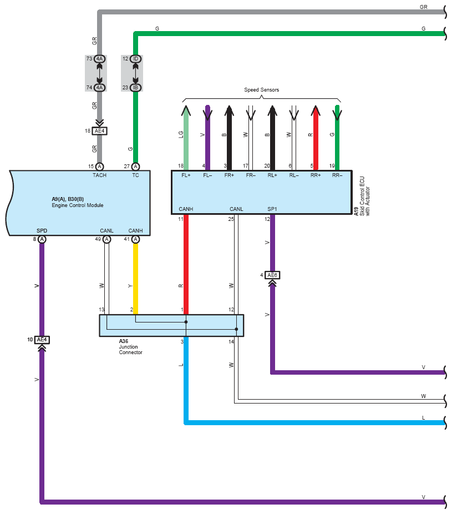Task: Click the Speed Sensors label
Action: [261, 90]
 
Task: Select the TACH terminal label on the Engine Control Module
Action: [99, 175]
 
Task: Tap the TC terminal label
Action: [135, 175]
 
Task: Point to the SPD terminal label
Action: [42, 231]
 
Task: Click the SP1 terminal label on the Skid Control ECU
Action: [272, 209]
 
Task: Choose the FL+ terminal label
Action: [186, 175]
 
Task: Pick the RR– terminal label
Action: [337, 175]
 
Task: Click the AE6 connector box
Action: [272, 275]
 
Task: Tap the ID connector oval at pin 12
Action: [135, 59]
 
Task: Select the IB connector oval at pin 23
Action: [135, 88]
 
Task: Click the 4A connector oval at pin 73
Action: [100, 59]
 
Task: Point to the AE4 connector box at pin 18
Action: [100, 131]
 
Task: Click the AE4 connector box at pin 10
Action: [42, 340]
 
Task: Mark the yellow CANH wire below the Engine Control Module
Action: [135, 279]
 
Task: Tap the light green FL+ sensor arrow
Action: [186, 138]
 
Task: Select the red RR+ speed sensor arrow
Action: [316, 138]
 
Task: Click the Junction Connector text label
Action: [130, 350]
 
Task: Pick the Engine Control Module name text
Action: [78, 205]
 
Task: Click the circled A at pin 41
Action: [135, 239]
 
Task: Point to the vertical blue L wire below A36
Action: [186, 380]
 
